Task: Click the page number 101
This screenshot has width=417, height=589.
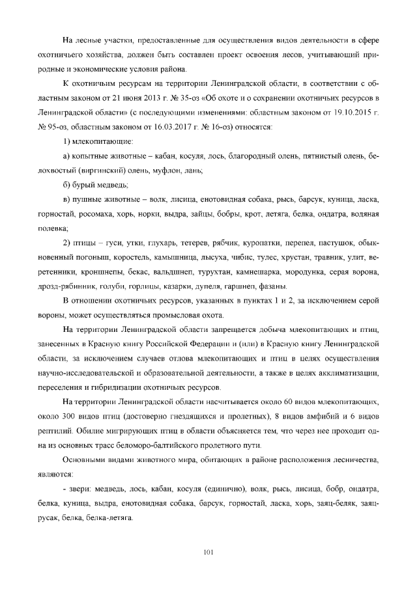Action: point(208,553)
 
